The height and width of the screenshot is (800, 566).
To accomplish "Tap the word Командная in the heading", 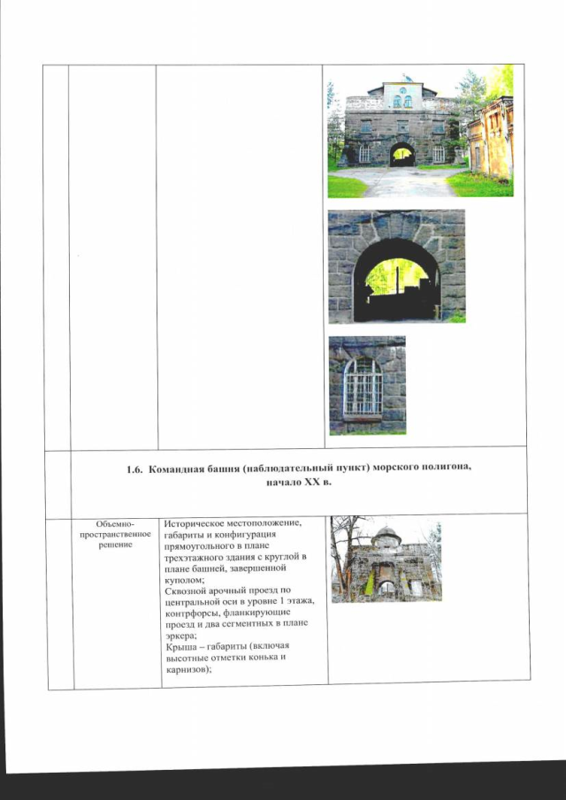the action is click(x=173, y=469).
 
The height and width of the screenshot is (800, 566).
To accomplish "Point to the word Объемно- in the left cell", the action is click(x=114, y=524).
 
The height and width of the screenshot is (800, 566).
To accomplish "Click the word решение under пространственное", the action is click(x=114, y=545).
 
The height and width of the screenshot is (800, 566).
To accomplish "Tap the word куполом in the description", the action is click(x=181, y=580).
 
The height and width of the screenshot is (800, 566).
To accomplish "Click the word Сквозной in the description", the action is click(x=185, y=590).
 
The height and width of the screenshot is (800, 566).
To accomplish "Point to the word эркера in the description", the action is click(x=180, y=636).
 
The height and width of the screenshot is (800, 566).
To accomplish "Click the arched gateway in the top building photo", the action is click(x=402, y=155).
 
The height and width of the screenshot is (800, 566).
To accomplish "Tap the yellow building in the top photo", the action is click(x=490, y=138).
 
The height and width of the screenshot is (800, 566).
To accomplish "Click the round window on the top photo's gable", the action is click(x=402, y=90).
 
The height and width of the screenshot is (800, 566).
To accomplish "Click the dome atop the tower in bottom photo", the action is click(x=386, y=537).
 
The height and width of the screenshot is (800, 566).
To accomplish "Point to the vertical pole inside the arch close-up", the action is click(x=397, y=280).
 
